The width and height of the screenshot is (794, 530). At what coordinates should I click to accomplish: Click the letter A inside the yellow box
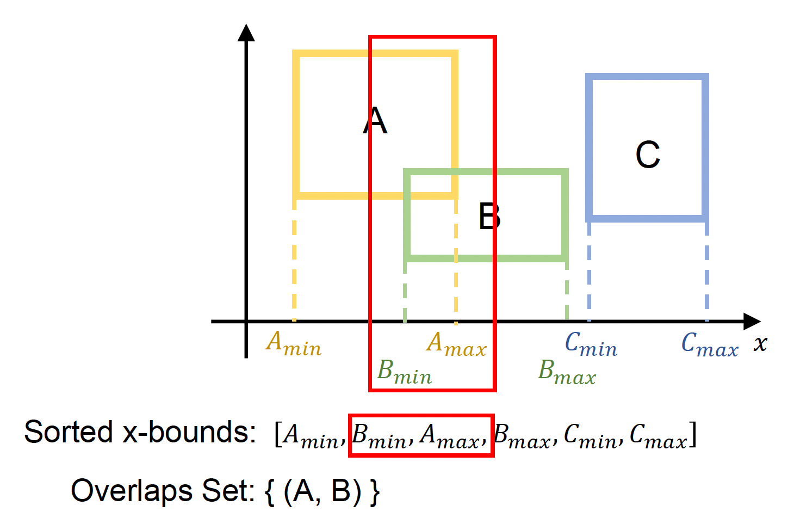click(x=375, y=121)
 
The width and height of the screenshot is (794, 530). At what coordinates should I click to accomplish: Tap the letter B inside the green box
click(x=489, y=216)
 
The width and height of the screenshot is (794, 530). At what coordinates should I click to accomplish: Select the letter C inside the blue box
click(x=648, y=155)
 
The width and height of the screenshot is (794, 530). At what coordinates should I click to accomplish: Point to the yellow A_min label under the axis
click(x=294, y=344)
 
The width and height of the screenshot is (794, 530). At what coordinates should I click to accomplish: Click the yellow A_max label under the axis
click(x=456, y=344)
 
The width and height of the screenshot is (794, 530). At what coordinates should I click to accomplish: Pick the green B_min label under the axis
click(x=405, y=372)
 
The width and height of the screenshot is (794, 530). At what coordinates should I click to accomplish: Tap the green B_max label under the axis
click(x=567, y=372)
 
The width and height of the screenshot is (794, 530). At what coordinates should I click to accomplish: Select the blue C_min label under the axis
click(x=591, y=344)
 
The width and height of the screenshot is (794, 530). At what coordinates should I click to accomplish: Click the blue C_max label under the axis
click(x=710, y=344)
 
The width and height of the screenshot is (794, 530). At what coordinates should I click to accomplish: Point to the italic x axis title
click(x=760, y=343)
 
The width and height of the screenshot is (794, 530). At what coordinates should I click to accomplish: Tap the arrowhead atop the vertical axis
click(x=246, y=33)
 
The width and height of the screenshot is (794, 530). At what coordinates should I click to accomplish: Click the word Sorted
click(x=68, y=433)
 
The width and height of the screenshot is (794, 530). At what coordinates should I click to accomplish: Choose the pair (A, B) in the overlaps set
click(x=322, y=491)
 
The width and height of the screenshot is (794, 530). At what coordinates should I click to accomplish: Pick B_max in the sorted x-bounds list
click(x=522, y=436)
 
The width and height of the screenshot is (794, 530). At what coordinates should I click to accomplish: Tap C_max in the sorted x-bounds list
click(x=659, y=436)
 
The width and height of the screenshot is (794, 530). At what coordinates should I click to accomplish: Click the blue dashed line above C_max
click(x=706, y=272)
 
